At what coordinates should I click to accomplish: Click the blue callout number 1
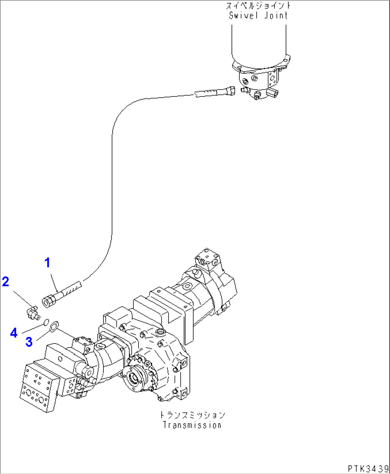(47, 263)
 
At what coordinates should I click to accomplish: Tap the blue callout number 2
(5, 282)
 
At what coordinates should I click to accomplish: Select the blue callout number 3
(29, 342)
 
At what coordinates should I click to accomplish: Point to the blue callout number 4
(14, 333)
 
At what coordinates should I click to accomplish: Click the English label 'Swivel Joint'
(258, 15)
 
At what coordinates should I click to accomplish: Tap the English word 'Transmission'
(192, 425)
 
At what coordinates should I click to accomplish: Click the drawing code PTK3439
(367, 468)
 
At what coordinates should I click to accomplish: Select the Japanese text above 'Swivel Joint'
(258, 6)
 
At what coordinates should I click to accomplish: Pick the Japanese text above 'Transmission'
(192, 415)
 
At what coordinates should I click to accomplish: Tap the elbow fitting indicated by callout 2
(33, 312)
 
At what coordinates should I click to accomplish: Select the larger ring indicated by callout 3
(54, 326)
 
